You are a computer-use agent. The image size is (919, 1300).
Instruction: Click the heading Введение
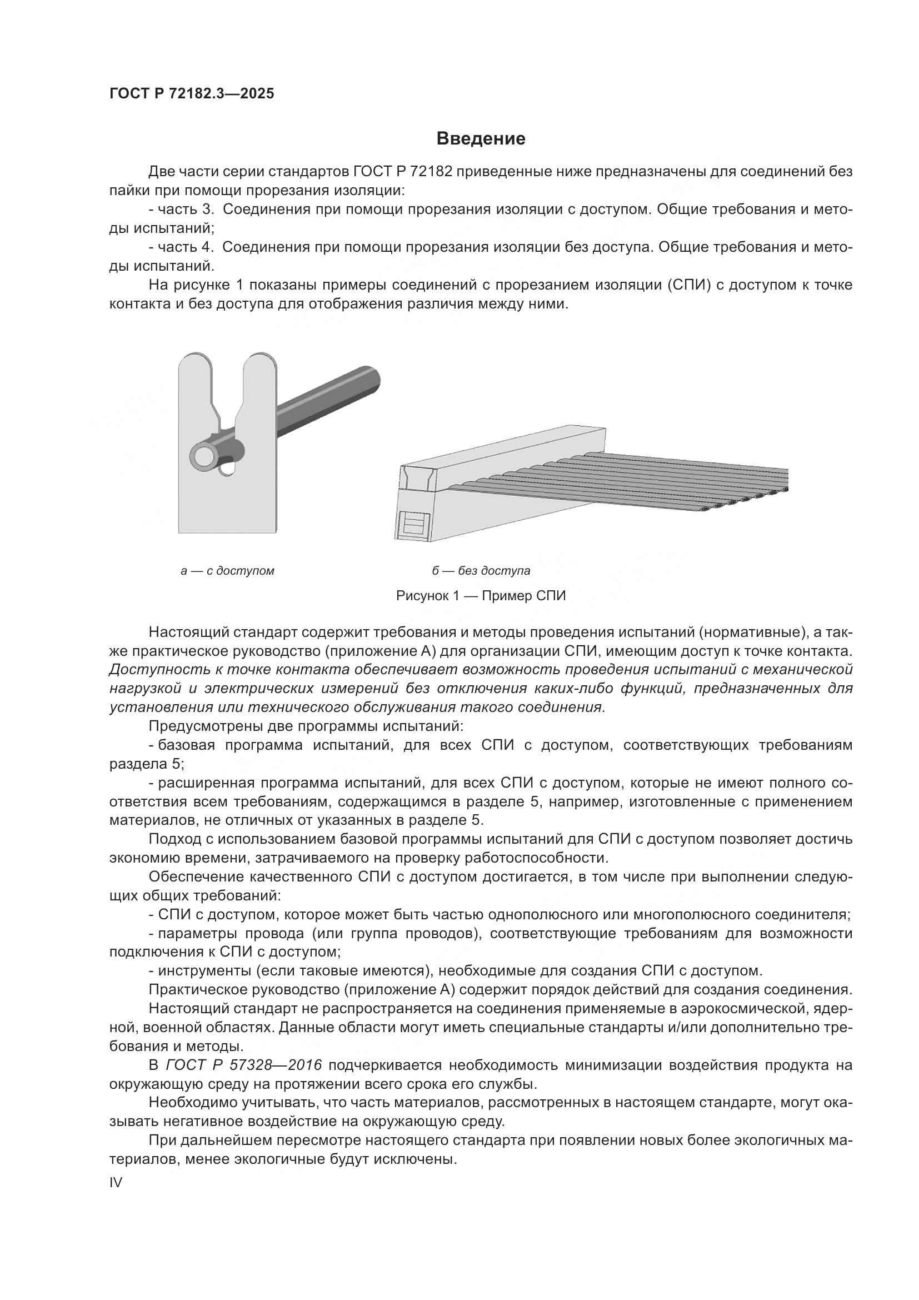coord(481,138)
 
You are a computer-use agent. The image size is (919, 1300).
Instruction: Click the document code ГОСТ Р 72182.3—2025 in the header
coord(191,93)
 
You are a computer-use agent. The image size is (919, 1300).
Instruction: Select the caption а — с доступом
coord(227,571)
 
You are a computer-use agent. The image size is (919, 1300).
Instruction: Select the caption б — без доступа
coord(481,571)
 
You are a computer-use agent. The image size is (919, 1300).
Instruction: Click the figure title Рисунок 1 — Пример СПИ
coord(481,596)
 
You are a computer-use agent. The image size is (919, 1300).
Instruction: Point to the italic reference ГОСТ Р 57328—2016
coord(244,1065)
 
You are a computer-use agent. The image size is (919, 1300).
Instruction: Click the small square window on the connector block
coord(416,524)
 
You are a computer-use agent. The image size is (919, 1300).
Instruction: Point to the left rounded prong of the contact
coord(195,373)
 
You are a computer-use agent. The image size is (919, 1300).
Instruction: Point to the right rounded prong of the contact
coord(259,373)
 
